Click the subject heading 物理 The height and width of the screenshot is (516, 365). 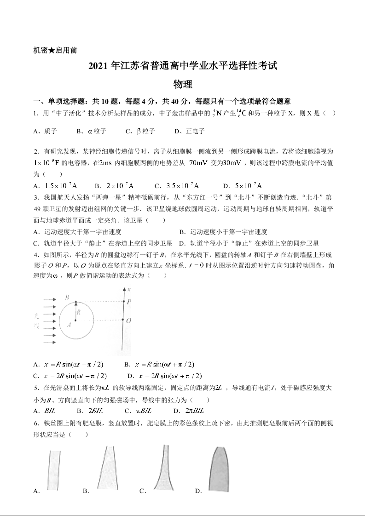tap(182, 85)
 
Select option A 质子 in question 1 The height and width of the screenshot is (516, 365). tap(45, 131)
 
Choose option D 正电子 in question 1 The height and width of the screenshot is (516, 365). tap(190, 131)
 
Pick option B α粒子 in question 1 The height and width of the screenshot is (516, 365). tap(92, 131)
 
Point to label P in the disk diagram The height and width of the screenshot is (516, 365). tap(129, 301)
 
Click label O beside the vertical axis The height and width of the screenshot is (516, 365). tap(129, 320)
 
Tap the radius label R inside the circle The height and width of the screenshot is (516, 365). tap(79, 312)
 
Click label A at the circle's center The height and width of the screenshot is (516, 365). tap(69, 324)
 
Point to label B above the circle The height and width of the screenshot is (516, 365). tap(67, 298)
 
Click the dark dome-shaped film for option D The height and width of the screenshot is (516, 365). tap(219, 469)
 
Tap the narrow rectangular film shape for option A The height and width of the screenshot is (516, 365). tap(54, 470)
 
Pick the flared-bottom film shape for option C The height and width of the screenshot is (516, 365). tap(163, 469)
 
